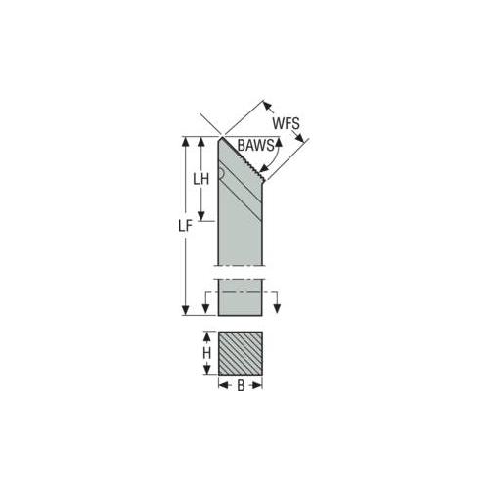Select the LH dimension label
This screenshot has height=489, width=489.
pyautogui.click(x=200, y=180)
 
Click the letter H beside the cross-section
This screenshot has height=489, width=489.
pyautogui.click(x=206, y=349)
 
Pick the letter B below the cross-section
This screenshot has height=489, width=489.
pyautogui.click(x=241, y=386)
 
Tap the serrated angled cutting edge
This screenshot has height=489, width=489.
pyautogui.click(x=244, y=161)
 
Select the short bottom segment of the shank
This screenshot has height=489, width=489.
pyautogui.click(x=241, y=301)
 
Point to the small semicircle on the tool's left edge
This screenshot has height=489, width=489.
pyautogui.click(x=221, y=176)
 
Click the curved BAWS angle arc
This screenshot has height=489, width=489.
pyautogui.click(x=278, y=156)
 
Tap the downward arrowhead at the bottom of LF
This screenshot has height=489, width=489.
pyautogui.click(x=185, y=311)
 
